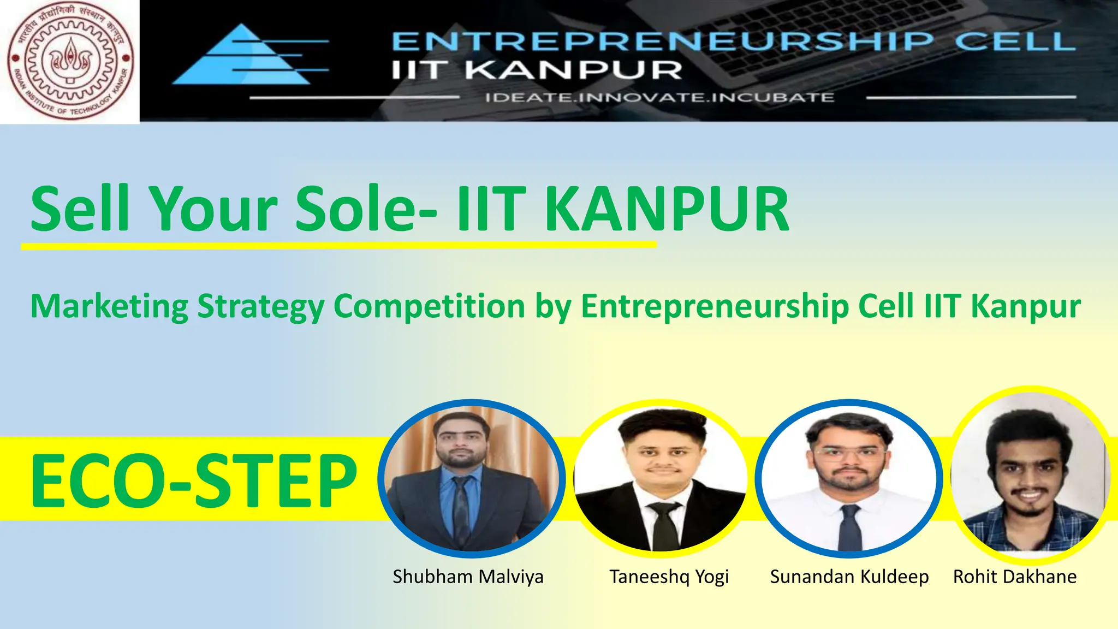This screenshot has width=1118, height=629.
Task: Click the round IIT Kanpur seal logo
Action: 70,61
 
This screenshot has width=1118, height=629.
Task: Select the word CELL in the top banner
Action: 1015,41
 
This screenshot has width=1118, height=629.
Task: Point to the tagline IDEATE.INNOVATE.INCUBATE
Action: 659,98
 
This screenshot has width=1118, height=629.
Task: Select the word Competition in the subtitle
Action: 429,306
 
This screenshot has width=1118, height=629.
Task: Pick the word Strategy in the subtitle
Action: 260,306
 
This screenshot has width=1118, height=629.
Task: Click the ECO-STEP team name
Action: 194,481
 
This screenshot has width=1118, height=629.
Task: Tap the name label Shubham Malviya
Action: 468,577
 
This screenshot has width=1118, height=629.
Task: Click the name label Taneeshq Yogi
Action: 669,577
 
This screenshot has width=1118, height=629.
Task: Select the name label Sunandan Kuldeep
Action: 849,577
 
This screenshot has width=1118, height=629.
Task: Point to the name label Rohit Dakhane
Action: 1015,577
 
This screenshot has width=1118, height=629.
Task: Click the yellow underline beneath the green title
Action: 338,246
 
